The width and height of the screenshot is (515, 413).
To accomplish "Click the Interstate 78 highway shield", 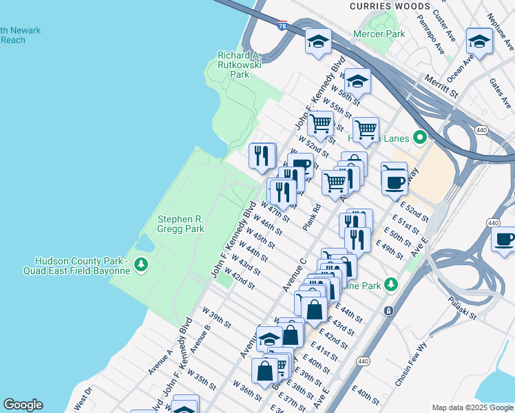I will [x=282, y=25].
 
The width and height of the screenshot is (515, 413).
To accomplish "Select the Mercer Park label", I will [x=379, y=33].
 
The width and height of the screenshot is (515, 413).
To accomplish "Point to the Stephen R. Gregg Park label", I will [x=181, y=224].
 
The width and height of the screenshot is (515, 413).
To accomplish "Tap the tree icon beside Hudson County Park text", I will [x=141, y=264].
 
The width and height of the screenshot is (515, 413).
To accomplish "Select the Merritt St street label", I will [x=441, y=88].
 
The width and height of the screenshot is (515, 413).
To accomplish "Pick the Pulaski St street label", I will [x=462, y=307].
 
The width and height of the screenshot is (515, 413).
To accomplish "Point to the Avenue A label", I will [x=160, y=362].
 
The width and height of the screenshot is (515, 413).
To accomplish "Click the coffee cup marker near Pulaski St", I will [x=505, y=240].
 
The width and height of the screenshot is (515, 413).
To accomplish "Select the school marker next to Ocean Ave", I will [x=479, y=41].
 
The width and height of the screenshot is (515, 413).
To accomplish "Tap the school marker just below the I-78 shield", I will [x=318, y=41].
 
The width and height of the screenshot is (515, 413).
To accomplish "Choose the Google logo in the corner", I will [x=23, y=405].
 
